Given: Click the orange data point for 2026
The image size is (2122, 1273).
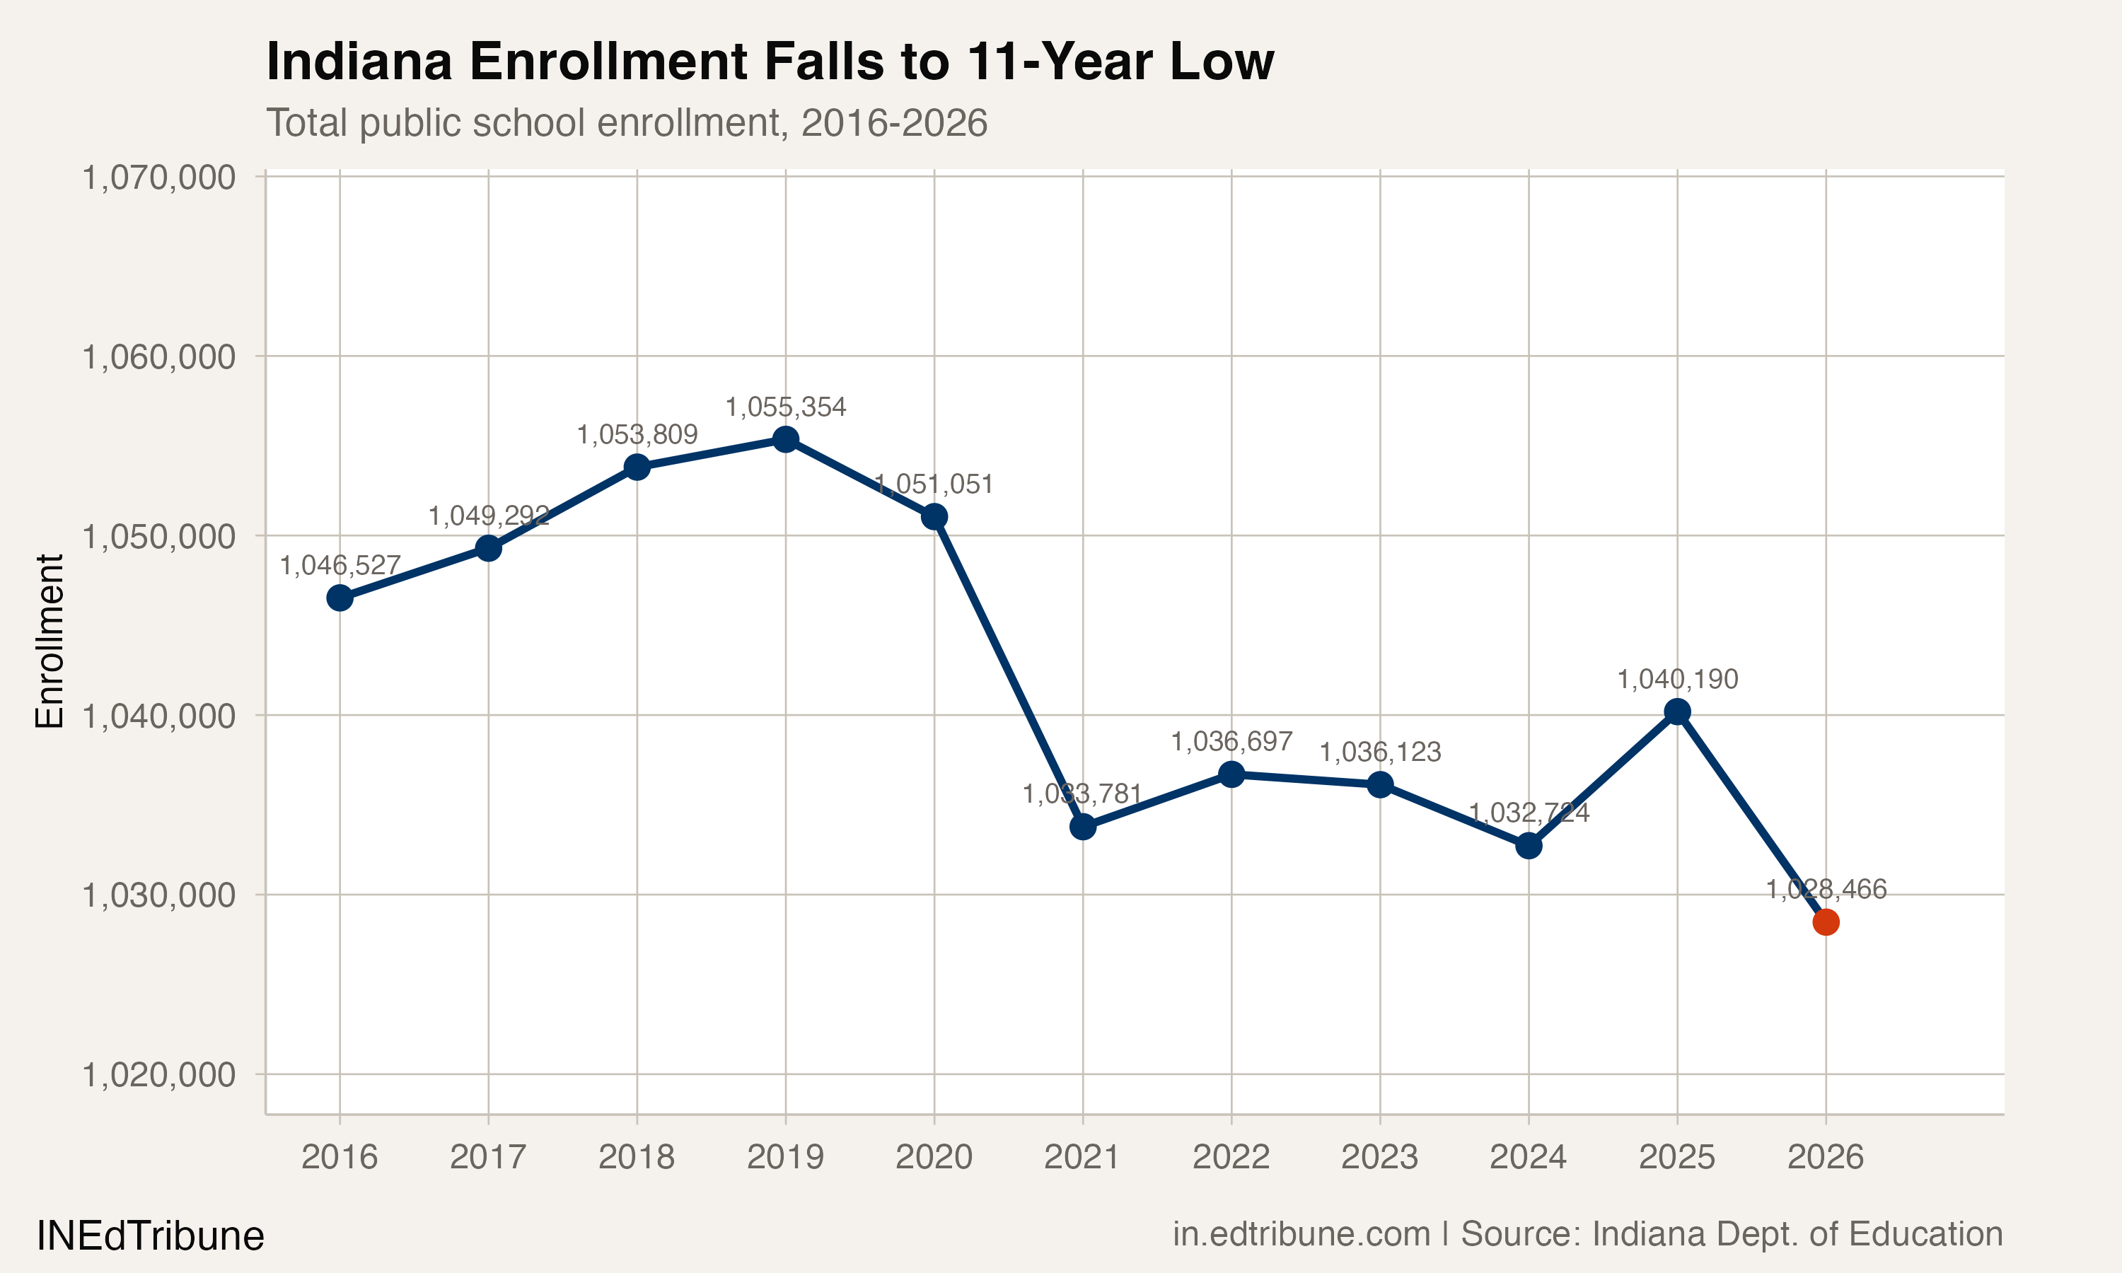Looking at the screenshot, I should (1825, 922).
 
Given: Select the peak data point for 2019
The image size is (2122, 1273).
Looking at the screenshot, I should (786, 439).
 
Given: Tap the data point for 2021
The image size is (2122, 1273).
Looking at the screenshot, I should (1082, 827).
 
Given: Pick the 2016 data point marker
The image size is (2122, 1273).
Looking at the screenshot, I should (340, 598).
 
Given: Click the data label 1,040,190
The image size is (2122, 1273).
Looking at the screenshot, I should (1677, 680).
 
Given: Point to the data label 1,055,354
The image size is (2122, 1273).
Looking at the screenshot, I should (786, 407).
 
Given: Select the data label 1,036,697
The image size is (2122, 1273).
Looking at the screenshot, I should (1231, 741).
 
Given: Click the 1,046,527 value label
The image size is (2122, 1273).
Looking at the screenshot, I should (340, 565).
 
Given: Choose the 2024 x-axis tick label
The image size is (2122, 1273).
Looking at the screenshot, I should (1529, 1157).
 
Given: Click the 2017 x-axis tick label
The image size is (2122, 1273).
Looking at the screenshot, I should (488, 1157).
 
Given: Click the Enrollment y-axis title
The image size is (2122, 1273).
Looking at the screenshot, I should (50, 641).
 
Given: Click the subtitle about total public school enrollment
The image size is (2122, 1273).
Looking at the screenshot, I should (626, 122).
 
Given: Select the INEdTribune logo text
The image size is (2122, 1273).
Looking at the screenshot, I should (150, 1236).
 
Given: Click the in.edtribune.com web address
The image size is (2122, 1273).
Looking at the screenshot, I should (1301, 1233).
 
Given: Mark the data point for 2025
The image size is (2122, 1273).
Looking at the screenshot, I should (1677, 712).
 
